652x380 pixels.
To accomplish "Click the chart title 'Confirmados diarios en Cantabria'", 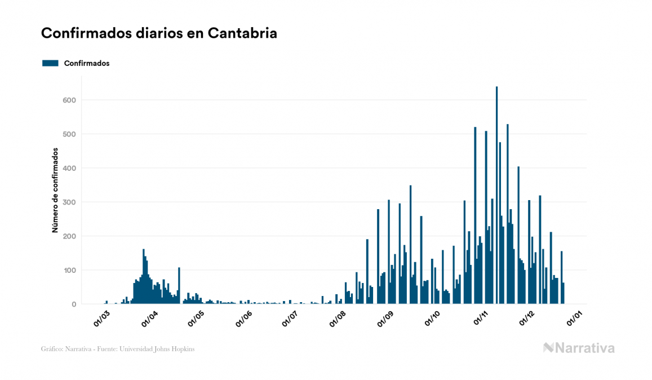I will (159, 33).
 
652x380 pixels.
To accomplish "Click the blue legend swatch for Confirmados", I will (50, 63).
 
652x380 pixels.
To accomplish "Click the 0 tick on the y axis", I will (73, 304).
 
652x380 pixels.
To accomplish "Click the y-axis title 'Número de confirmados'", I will (55, 190).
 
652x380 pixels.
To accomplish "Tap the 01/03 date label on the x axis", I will (101, 317).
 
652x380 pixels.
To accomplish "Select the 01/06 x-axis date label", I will (243, 317).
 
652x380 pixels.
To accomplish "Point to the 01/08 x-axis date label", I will (338, 317).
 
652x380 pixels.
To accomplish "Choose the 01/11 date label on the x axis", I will (481, 317).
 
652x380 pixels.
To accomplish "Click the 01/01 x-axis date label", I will (575, 317).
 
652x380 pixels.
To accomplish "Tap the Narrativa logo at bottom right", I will (579, 348).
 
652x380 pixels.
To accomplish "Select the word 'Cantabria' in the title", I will (242, 33).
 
